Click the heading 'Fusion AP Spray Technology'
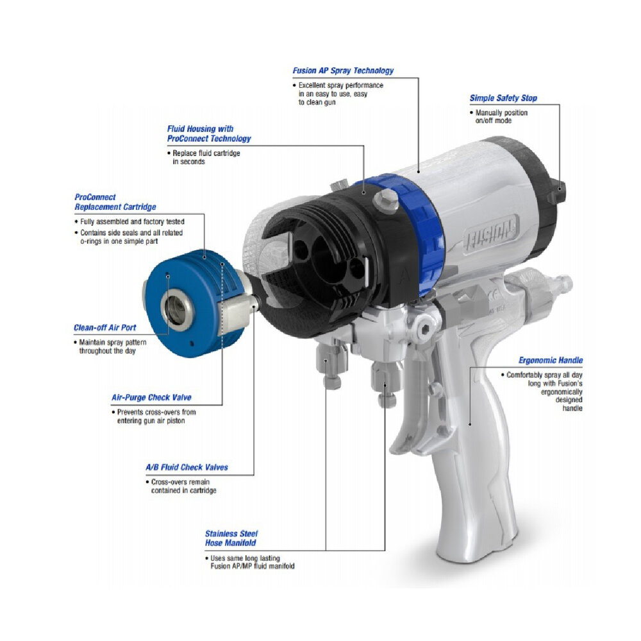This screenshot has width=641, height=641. pyautogui.click(x=343, y=71)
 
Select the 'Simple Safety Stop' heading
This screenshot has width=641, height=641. pyautogui.click(x=503, y=98)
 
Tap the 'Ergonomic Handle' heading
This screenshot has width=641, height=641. pyautogui.click(x=550, y=360)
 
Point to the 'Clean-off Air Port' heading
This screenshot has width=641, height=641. pyautogui.click(x=104, y=327)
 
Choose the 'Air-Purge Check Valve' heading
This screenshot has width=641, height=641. pyautogui.click(x=151, y=397)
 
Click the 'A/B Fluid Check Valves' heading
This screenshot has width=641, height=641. pyautogui.click(x=187, y=467)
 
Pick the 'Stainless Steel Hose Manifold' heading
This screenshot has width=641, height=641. pyautogui.click(x=231, y=538)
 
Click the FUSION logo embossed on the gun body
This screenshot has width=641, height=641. pyautogui.click(x=490, y=235)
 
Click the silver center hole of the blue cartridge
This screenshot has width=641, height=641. pyautogui.click(x=177, y=309)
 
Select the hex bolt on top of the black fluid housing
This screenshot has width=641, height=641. pyautogui.click(x=385, y=200)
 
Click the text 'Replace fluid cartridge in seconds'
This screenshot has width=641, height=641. pyautogui.click(x=204, y=158)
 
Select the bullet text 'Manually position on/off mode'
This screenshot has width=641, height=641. pyautogui.click(x=499, y=117)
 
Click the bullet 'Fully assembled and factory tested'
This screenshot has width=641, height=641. pyautogui.click(x=129, y=221)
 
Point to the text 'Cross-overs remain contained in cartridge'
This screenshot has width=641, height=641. pyautogui.click(x=181, y=486)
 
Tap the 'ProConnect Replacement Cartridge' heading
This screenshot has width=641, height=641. pyautogui.click(x=115, y=201)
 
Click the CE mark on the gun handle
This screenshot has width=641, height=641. pyautogui.click(x=494, y=295)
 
